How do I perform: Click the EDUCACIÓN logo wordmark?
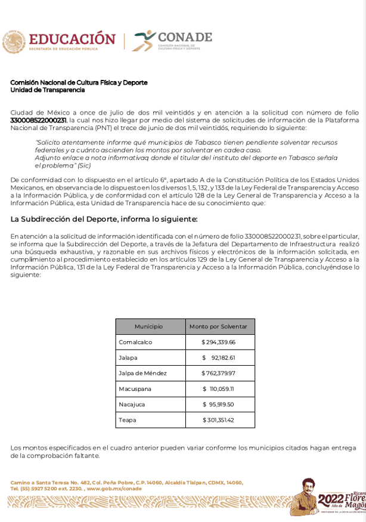[x=72, y=39]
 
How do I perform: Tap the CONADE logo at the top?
[x=172, y=41]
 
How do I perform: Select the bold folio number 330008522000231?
[x=38, y=120]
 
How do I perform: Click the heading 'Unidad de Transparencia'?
[x=47, y=90]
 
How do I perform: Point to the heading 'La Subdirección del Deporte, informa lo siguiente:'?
[x=104, y=219]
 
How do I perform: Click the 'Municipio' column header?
[x=148, y=326]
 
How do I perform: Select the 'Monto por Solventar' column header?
[x=218, y=326]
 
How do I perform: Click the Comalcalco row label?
[x=135, y=342]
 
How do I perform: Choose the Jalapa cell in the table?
[x=128, y=358]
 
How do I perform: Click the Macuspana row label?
[x=135, y=389]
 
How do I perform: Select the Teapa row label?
[x=128, y=420]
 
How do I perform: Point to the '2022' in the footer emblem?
[x=331, y=499]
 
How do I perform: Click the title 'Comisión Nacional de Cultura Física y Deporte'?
[x=79, y=82]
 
